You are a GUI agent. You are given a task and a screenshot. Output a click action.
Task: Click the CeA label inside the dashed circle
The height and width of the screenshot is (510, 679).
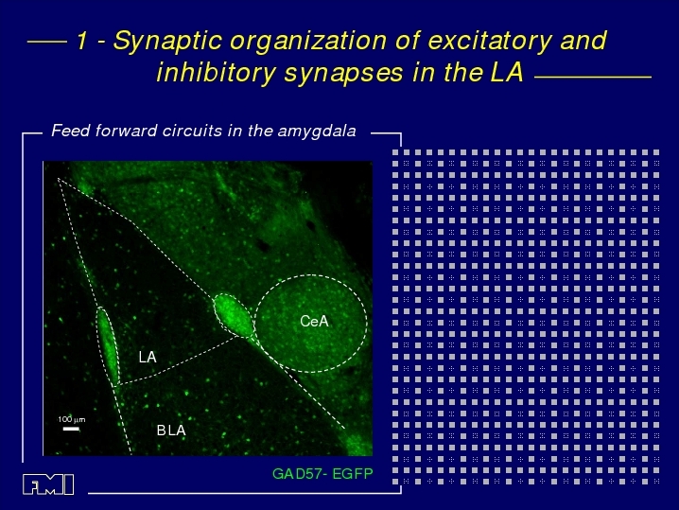314,321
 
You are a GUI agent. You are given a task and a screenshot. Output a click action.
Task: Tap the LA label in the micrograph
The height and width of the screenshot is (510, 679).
148,357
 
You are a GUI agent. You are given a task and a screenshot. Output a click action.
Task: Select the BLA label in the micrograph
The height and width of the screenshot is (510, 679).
171,431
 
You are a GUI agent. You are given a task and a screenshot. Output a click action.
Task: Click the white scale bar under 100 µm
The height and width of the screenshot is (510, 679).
71,429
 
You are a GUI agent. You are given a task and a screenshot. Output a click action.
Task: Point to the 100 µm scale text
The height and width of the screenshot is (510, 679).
72,419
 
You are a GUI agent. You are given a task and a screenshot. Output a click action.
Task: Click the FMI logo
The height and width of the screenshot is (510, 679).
48,484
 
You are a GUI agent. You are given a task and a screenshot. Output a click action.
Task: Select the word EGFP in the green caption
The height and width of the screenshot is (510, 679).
353,474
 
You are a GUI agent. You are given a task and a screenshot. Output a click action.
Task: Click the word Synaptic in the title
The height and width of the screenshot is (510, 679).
168,42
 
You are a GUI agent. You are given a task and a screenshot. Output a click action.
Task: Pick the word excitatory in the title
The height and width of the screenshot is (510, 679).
490,42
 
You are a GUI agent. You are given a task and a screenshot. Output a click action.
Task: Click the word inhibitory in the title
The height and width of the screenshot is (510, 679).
216,73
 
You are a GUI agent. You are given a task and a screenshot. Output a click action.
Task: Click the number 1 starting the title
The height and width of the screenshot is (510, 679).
81,41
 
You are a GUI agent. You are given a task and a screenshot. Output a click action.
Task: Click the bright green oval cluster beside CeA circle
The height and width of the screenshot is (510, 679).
234,315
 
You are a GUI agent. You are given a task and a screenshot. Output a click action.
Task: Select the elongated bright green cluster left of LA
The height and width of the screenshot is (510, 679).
108,345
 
